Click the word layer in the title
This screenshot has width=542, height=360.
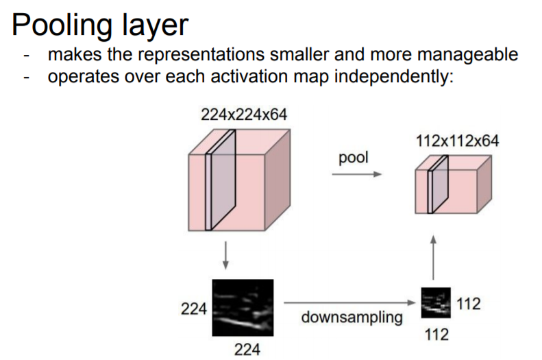click(152, 25)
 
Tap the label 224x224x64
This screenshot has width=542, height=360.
click(244, 115)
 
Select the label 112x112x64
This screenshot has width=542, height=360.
click(457, 141)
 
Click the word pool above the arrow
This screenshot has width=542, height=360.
click(353, 158)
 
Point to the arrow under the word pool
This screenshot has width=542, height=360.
click(356, 175)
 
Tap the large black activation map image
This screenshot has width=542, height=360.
click(243, 307)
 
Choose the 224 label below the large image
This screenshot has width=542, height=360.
click(247, 350)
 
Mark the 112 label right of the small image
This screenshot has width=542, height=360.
click(468, 304)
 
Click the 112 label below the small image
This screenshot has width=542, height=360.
click(436, 335)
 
